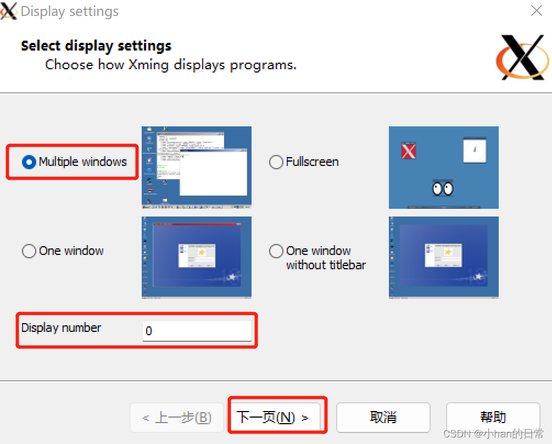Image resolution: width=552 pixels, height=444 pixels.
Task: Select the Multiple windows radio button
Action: [29, 162]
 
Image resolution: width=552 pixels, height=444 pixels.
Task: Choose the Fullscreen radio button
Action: [276, 162]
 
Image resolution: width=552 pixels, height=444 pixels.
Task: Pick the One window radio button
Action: [29, 251]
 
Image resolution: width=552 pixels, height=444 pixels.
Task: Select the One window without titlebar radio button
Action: [276, 251]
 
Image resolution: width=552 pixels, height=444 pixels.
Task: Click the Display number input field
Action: [197, 331]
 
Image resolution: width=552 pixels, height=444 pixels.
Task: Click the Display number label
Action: [61, 328]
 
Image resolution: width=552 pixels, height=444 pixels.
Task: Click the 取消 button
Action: [383, 417]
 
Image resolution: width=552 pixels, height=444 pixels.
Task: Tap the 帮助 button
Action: [493, 417]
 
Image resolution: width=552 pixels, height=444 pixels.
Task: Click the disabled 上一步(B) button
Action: [176, 418]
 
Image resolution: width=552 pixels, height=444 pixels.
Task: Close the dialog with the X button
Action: [537, 10]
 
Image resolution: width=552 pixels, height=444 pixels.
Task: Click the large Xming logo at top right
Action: [522, 57]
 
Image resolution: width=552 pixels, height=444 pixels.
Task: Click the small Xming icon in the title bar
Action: [9, 10]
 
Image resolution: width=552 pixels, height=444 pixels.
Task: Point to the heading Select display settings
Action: [96, 46]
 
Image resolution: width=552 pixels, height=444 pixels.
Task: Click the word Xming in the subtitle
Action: [149, 65]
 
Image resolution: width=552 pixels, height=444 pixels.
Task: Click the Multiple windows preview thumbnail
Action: [197, 167]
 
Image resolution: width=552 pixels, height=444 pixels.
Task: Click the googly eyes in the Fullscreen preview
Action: [443, 188]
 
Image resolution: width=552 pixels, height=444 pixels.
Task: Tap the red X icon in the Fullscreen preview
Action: [408, 151]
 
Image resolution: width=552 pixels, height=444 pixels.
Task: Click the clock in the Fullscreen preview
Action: [475, 150]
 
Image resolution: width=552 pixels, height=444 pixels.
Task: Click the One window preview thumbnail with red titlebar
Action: [197, 257]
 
